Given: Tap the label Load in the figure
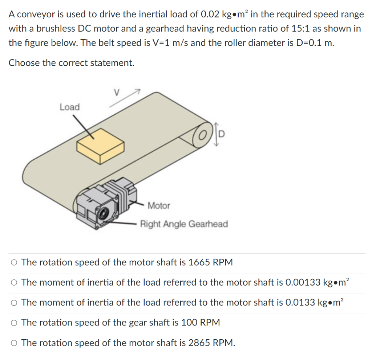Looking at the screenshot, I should click(69, 107).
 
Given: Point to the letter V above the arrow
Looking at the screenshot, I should click(116, 93).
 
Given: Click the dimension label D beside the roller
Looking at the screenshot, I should click(222, 135).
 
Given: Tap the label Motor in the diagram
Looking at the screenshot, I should click(159, 206).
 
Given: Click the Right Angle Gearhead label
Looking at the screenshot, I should click(184, 224).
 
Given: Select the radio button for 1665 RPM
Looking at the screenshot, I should click(14, 262).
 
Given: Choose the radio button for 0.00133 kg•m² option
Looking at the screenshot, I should click(14, 282).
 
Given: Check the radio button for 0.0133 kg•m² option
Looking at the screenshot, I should click(14, 303).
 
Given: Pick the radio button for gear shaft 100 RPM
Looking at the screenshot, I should click(14, 323).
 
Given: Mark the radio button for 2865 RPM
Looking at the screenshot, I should click(14, 343).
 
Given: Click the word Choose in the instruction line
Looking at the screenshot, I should click(24, 63).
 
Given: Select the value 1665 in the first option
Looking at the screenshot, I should click(199, 262).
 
